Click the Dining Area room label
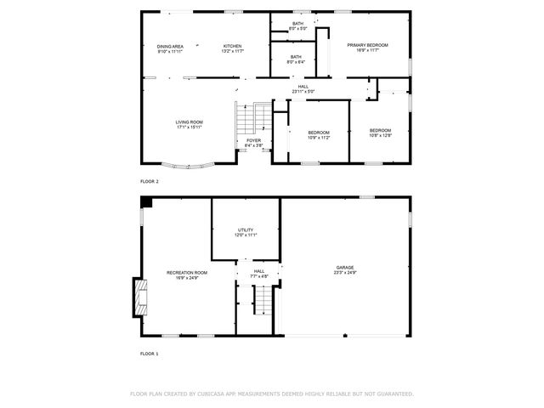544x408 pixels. click(x=170, y=48)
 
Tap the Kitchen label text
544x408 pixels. click(x=233, y=48)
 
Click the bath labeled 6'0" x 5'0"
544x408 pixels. click(x=297, y=26)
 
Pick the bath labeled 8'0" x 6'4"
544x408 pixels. click(x=295, y=59)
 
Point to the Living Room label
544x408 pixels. click(x=189, y=125)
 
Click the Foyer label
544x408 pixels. click(x=253, y=143)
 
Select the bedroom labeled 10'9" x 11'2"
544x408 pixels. click(x=319, y=135)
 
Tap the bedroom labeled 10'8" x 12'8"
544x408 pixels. click(x=380, y=133)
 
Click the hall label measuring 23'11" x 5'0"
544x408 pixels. click(x=303, y=88)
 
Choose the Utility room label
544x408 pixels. click(x=246, y=232)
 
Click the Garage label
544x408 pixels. click(x=344, y=270)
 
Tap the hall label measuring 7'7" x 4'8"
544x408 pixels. click(x=258, y=274)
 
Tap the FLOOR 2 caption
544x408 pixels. click(x=150, y=181)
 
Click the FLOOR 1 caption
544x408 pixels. click(x=150, y=353)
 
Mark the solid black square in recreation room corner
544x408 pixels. click(x=146, y=202)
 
